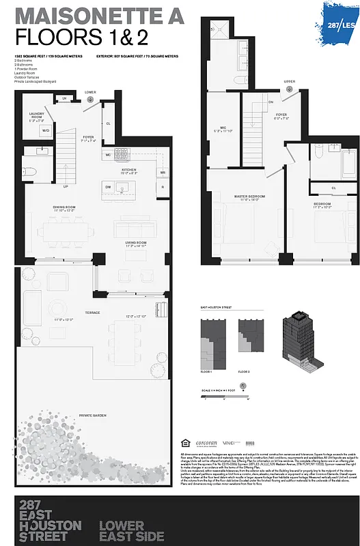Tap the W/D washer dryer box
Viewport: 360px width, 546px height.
click(x=46, y=130)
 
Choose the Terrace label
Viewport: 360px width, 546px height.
click(x=92, y=313)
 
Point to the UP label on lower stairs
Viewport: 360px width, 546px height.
click(x=66, y=186)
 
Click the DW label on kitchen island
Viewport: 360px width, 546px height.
click(x=108, y=186)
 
